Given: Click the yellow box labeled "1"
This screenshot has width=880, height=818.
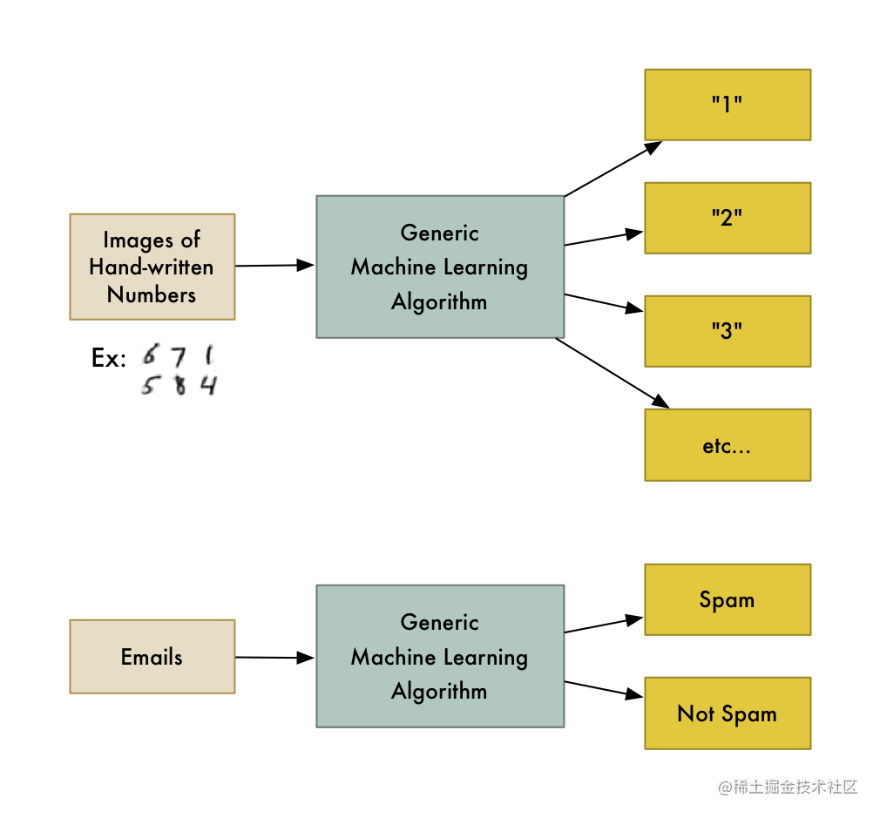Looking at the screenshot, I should (x=728, y=105).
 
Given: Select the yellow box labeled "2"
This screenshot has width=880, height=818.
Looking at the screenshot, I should (x=728, y=218).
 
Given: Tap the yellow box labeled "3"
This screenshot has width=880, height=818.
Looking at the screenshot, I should (x=728, y=331).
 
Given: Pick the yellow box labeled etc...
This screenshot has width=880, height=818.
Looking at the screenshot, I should (x=728, y=445).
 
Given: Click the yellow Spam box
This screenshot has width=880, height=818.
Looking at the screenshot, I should (x=728, y=599).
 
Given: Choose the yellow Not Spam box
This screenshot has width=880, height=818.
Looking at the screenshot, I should (x=728, y=713).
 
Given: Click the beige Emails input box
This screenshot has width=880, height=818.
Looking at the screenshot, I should (x=152, y=657).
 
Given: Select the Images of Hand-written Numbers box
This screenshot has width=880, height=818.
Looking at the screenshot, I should (x=152, y=267).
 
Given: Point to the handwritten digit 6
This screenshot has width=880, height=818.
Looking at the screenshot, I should (x=151, y=355).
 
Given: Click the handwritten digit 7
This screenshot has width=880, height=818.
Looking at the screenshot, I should (x=178, y=357).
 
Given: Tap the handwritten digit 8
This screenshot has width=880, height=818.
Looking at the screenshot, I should (x=179, y=385).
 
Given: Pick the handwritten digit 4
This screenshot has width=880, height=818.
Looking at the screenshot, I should (x=207, y=384).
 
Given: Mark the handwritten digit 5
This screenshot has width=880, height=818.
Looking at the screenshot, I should (x=150, y=386).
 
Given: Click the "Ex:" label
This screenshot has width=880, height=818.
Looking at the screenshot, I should (x=109, y=358).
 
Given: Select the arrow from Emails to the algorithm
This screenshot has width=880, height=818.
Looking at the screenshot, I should (x=274, y=658).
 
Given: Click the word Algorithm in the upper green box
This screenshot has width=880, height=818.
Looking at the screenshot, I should (x=439, y=302).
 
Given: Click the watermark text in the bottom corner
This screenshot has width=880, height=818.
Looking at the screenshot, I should (x=788, y=787).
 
